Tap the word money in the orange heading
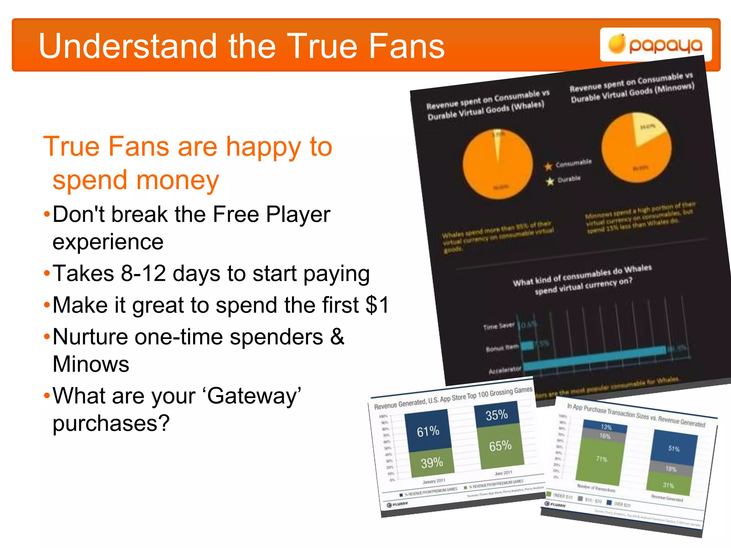[x=136, y=180]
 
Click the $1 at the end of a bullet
[x=377, y=305]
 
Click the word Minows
[x=91, y=364]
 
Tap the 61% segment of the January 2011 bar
[x=428, y=431]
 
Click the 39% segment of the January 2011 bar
[x=432, y=463]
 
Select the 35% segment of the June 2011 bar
[x=496, y=415]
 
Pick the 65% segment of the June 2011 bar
[x=500, y=446]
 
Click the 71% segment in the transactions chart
[x=601, y=459]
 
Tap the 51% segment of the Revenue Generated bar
[x=674, y=448]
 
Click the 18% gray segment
[x=671, y=469]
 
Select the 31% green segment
[x=668, y=485]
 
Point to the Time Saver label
[x=499, y=326]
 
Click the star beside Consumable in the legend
[x=548, y=166]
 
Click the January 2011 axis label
[x=434, y=481]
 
